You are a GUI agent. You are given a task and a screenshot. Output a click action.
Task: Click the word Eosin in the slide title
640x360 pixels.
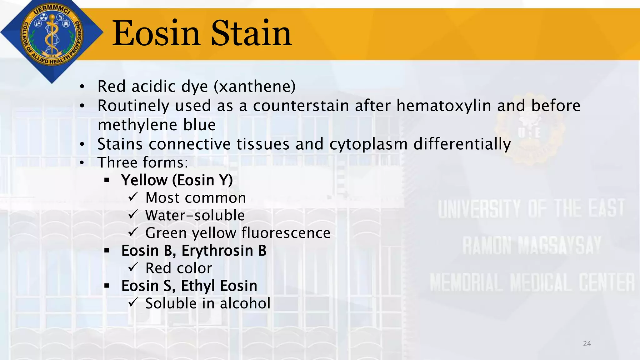(x=156, y=33)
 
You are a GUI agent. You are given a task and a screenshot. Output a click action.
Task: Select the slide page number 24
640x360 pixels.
(x=587, y=343)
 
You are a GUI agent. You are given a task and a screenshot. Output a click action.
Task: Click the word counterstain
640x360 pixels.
(x=301, y=106)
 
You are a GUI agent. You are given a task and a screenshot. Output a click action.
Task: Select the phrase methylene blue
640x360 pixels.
(x=157, y=125)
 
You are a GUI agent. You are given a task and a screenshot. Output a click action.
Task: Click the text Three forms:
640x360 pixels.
(x=143, y=162)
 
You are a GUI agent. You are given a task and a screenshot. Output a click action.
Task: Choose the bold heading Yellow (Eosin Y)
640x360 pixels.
(x=177, y=180)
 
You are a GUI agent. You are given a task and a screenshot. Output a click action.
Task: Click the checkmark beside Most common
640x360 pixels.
(x=133, y=197)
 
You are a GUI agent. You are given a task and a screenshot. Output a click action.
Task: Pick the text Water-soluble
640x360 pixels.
(x=195, y=215)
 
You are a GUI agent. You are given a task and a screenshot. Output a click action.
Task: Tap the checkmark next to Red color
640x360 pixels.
(x=133, y=267)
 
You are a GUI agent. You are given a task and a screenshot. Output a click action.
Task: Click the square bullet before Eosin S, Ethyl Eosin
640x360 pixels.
(x=107, y=286)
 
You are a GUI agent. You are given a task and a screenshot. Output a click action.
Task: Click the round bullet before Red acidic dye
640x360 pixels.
(x=82, y=87)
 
